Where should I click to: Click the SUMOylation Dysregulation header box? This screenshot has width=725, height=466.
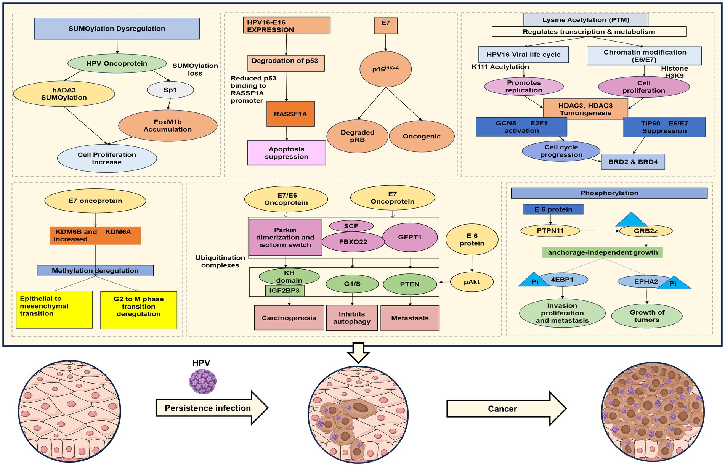(117, 29)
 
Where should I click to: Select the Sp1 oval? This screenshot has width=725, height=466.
(170, 90)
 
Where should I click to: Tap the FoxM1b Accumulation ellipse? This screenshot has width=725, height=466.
(168, 126)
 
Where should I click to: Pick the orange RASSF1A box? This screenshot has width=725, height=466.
(290, 114)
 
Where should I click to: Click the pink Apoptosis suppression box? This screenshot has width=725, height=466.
(287, 153)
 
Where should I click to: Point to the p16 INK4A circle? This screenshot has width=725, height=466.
(385, 69)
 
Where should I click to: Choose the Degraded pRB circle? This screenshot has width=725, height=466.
(358, 136)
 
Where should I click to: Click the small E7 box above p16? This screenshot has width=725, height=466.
(386, 25)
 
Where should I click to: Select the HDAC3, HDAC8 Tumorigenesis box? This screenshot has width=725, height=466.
(585, 109)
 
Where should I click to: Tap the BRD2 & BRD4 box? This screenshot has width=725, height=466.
(633, 162)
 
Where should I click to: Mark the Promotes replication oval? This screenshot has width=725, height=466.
(524, 87)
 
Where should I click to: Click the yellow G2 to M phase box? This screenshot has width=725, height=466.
(139, 310)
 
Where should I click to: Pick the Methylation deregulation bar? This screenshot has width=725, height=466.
(95, 271)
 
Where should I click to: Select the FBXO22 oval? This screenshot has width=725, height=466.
(353, 242)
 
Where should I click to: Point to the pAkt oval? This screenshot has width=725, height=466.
(472, 282)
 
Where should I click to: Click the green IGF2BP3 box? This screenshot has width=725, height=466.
(284, 291)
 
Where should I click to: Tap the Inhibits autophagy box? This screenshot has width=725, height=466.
(352, 318)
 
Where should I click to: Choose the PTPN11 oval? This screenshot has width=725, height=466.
(550, 231)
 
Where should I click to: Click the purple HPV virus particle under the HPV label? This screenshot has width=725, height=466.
(203, 381)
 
